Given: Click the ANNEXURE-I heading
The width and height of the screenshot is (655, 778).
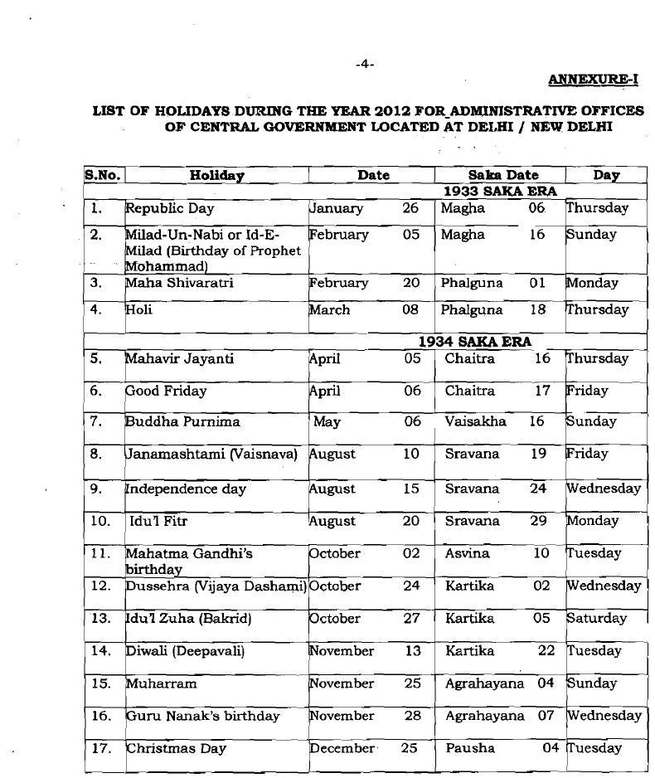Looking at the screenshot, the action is point(594,80).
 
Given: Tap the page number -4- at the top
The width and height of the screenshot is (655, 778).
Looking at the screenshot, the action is point(365,64).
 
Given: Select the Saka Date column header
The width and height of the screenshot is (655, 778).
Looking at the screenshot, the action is point(503,175).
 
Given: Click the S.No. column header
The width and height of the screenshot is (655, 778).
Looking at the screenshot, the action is point(103,175).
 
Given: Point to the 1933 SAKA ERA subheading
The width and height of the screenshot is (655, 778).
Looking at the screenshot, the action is point(500,191).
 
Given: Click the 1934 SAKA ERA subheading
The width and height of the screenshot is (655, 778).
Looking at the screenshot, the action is point(474,341).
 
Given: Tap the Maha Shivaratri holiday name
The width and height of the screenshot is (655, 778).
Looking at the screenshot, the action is point(179,283).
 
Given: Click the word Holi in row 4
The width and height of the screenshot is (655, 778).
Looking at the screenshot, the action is point(138,309).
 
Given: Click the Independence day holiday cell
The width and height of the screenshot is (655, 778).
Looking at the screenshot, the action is point(185,489).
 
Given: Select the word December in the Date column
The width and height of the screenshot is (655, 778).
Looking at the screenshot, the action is point(342,748).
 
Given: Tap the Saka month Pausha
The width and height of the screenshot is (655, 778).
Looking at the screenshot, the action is point(470,748).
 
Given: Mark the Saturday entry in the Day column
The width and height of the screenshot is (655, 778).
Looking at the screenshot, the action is point(596,618).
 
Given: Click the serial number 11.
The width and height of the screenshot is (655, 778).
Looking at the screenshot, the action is point(100,553).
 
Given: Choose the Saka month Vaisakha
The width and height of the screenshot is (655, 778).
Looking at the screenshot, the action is point(475,421).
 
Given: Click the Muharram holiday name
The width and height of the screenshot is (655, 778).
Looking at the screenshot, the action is point(161,683).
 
